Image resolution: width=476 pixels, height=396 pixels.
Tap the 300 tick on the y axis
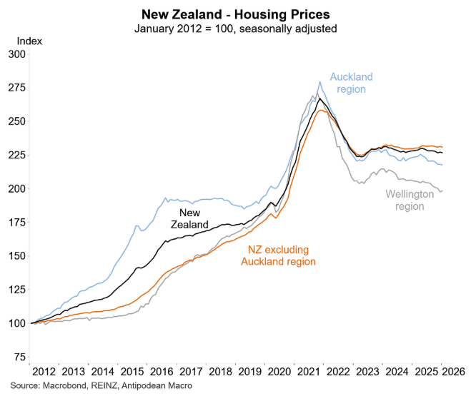(16, 54)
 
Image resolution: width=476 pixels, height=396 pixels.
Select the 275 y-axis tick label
(16, 88)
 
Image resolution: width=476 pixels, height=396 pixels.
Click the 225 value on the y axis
(16, 156)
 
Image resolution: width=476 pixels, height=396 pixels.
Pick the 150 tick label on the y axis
(16, 256)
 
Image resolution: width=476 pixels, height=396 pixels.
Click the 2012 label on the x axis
(44, 372)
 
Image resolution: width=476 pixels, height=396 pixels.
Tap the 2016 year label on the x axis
(164, 372)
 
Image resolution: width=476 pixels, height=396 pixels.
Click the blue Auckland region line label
(351, 83)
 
